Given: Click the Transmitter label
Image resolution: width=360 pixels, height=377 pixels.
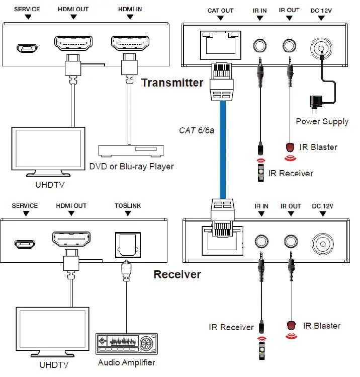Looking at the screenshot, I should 172,83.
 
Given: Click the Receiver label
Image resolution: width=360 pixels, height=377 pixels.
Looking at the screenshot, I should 177,275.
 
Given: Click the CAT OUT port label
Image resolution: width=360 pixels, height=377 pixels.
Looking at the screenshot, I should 220,10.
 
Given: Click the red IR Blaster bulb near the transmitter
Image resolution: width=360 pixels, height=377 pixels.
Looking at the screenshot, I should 290,148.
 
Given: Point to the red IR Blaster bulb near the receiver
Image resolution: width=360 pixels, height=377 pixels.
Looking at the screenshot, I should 290,326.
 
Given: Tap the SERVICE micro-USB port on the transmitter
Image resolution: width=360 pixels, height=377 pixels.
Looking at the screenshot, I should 27,48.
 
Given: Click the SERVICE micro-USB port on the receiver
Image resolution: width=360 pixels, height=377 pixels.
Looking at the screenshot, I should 24,245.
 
